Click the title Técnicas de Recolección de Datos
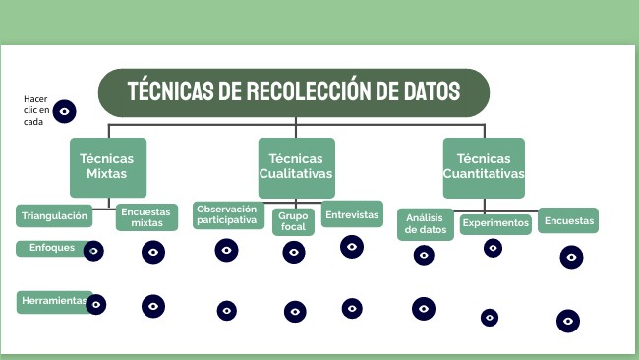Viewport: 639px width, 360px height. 294,92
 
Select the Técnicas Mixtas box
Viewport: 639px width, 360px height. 107,167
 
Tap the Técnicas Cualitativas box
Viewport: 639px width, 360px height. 296,167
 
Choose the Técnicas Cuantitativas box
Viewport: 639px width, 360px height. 483,167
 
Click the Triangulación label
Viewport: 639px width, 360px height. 55,215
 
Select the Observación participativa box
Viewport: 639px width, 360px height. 228,214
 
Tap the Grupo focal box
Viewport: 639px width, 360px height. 293,221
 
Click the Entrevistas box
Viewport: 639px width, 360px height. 352,214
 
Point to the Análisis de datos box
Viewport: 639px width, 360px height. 426,223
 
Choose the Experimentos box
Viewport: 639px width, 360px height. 495,223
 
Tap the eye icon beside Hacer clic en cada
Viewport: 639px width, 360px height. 65,111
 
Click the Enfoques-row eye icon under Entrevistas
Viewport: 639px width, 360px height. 352,247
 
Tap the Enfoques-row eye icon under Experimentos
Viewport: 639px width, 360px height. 493,248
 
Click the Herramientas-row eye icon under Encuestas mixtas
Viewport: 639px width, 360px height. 152,306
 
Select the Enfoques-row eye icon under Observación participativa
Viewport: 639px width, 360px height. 226,250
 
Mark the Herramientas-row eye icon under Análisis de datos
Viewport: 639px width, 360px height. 424,309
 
